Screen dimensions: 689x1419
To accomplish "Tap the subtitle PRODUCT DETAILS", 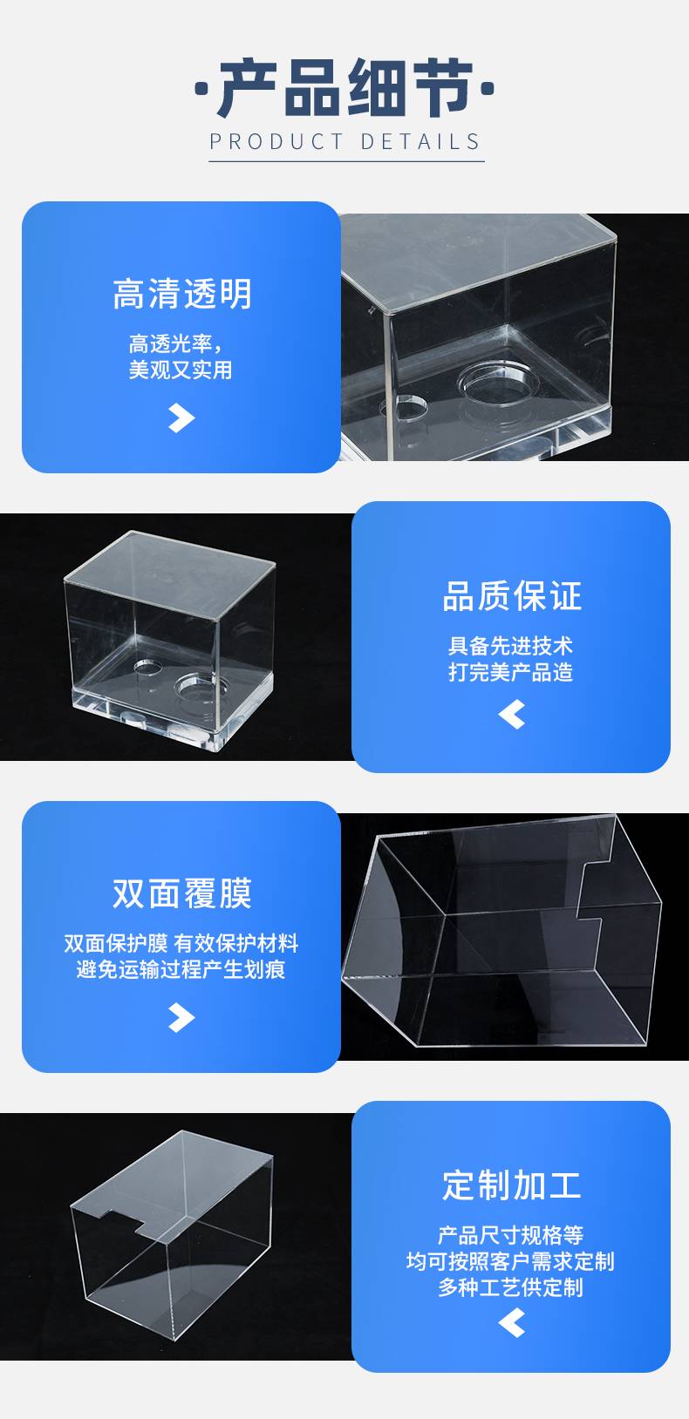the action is tap(345, 141).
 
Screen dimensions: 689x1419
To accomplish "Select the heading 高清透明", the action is tap(182, 294).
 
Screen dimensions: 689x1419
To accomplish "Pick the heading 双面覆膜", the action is tap(182, 893).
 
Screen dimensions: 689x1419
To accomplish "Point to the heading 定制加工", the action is tap(512, 1185).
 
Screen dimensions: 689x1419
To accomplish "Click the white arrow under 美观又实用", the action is tap(181, 418).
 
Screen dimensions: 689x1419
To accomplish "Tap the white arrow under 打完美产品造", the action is tap(512, 715).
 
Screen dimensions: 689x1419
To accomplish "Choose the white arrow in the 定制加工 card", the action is tap(512, 1323).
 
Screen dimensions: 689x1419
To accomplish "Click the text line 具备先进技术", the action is tap(511, 646).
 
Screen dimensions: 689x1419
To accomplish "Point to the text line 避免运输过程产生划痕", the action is tap(181, 969).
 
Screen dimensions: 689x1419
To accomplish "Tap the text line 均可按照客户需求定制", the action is tap(511, 1261).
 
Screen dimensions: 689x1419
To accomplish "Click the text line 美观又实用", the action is tap(181, 370).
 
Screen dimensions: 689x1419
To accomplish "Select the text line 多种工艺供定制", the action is tap(511, 1287).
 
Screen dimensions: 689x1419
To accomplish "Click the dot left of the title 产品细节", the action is tap(201, 89).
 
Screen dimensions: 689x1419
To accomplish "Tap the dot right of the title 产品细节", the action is tap(488, 89).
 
